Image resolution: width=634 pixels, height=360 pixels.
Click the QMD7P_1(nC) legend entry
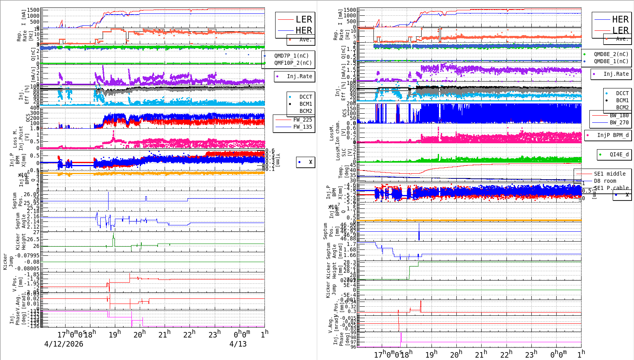[x=291, y=56]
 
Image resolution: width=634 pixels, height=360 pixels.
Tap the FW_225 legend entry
[x=302, y=120]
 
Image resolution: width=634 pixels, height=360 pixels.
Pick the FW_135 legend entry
[x=302, y=127]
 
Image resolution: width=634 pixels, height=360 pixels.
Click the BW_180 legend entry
[x=619, y=115]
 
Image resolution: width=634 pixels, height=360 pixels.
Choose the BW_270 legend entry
[x=619, y=122]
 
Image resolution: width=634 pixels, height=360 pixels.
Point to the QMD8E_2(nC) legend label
[x=611, y=54]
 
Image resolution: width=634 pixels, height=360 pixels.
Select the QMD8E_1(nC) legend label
[x=611, y=61]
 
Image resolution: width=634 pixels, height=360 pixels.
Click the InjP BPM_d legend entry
[x=613, y=135]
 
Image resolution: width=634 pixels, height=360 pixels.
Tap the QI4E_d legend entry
[x=619, y=154]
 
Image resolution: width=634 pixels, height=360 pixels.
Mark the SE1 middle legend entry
[x=610, y=174]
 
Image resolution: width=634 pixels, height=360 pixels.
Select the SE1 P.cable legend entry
[x=610, y=188]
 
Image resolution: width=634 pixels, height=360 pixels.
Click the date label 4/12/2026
[x=64, y=344]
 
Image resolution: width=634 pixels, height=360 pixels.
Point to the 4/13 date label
[x=238, y=344]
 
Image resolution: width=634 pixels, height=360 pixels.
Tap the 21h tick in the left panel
[x=164, y=334]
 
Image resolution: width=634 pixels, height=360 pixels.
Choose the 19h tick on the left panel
[x=115, y=334]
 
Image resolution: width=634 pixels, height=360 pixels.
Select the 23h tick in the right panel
[x=531, y=354]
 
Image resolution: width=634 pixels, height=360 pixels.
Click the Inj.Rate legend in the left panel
[x=299, y=76]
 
